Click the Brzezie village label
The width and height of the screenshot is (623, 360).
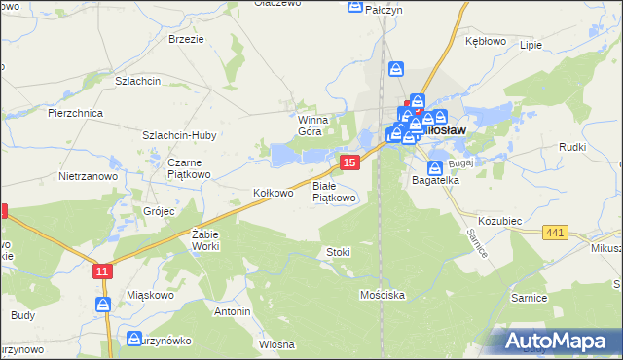[186, 39]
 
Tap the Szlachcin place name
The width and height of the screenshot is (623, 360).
[137, 82]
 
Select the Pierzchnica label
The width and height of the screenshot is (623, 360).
[76, 113]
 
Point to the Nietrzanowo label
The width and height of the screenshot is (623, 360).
[88, 177]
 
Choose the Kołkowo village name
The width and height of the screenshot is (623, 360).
[273, 193]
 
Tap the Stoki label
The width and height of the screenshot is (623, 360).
[338, 252]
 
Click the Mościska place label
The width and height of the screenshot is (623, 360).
[382, 294]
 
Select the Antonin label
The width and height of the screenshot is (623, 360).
[233, 311]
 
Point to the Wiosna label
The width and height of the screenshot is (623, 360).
[276, 344]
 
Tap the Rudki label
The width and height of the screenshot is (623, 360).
[571, 147]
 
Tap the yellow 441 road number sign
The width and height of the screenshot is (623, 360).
[557, 231]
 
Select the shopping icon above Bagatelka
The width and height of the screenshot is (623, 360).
[434, 167]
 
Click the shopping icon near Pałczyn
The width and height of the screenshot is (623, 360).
[355, 8]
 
